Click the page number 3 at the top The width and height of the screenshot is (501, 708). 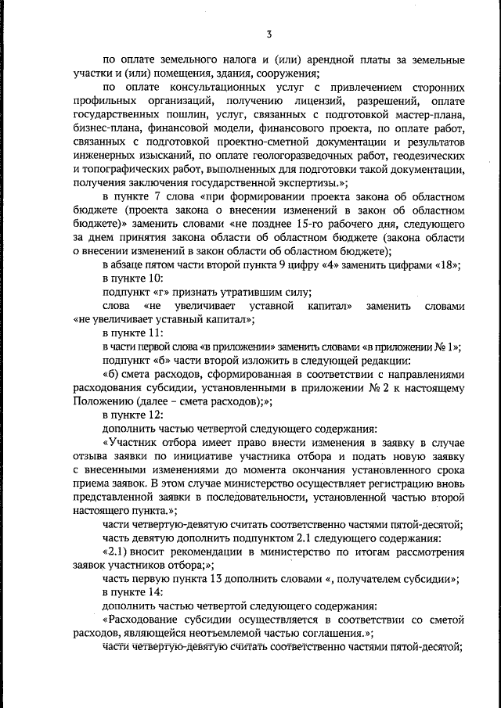coord(269,34)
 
